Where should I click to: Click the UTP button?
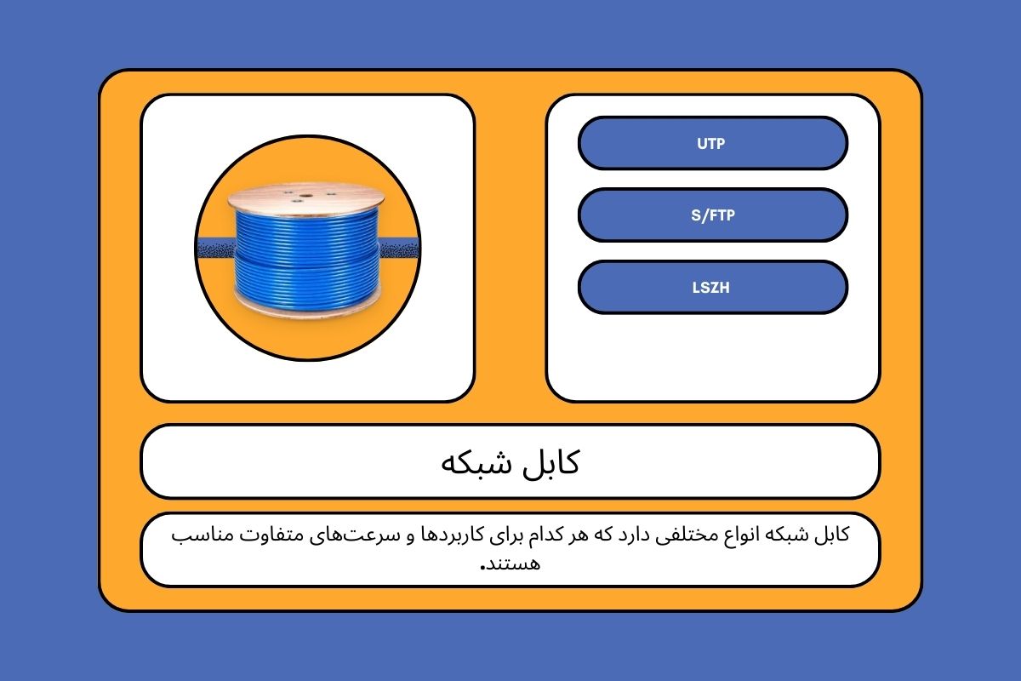point(713,143)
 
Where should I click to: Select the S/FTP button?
point(713,215)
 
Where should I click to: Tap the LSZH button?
point(713,288)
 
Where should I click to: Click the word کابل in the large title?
point(550,462)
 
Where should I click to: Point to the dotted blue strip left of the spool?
point(216,248)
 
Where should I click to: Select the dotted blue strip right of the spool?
point(399,248)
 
